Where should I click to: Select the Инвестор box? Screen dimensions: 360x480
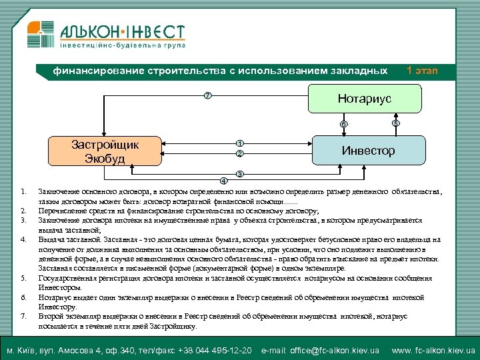(x=368, y=150)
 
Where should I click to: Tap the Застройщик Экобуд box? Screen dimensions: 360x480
(x=105, y=151)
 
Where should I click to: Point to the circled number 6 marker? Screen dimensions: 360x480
(x=343, y=125)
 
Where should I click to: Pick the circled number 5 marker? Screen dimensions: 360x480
(x=395, y=123)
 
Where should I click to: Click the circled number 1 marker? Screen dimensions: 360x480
(x=239, y=143)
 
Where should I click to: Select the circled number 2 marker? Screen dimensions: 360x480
(x=239, y=154)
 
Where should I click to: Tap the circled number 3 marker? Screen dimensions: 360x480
(x=241, y=174)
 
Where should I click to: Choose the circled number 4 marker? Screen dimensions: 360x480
(x=223, y=181)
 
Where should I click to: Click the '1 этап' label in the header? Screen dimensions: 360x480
(x=422, y=71)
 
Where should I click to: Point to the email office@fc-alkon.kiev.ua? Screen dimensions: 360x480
(x=320, y=350)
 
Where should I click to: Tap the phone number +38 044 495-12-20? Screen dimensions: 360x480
(x=218, y=350)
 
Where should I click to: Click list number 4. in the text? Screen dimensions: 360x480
(x=23, y=239)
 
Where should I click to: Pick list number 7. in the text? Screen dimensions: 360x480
(x=23, y=316)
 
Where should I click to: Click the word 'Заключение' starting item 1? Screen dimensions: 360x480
(x=58, y=192)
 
